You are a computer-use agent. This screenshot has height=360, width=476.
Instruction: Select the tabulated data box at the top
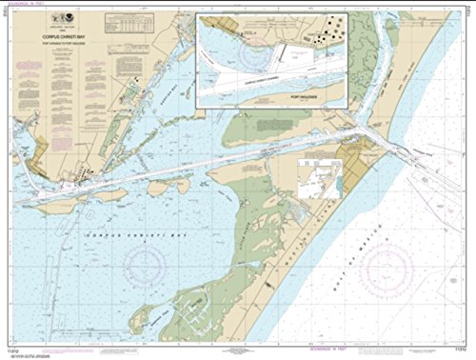click(x=150, y=20)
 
